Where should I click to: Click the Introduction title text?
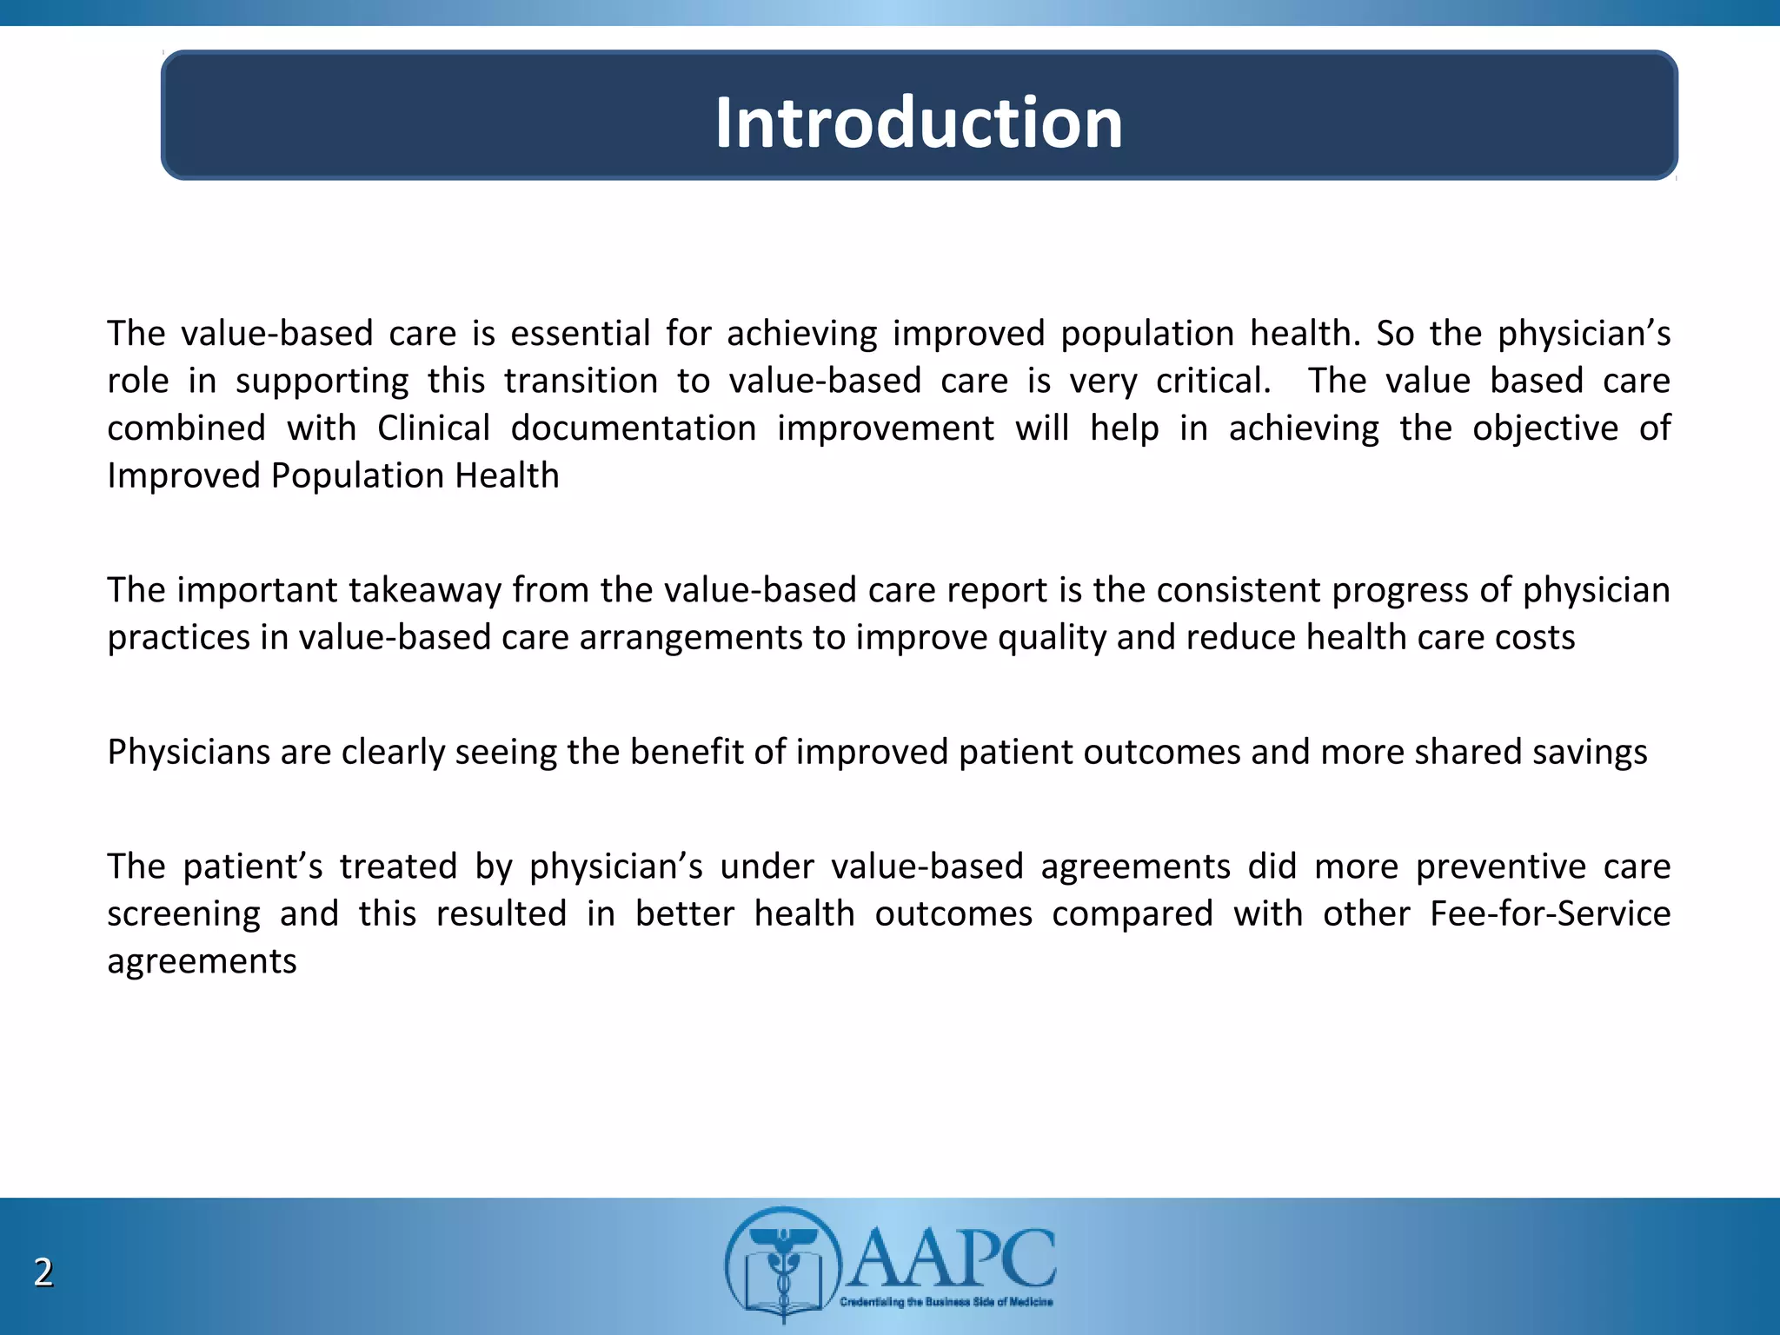pos(919,123)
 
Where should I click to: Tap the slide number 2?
pos(43,1272)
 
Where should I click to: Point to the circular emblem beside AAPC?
pos(782,1262)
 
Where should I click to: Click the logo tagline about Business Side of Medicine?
pos(946,1302)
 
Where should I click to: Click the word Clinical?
pos(434,428)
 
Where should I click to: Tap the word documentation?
pos(633,428)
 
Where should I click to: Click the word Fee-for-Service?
pos(1550,914)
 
